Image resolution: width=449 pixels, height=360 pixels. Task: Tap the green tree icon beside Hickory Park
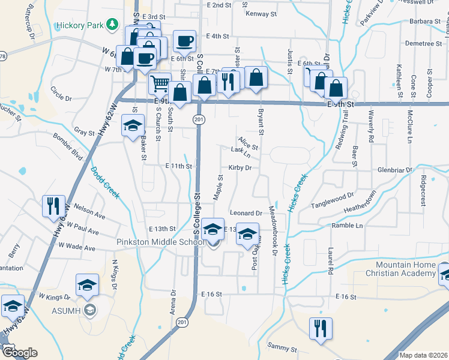point(111,25)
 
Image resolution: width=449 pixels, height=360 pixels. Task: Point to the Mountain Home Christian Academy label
point(406,269)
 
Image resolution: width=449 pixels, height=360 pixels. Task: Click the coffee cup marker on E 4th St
point(184,41)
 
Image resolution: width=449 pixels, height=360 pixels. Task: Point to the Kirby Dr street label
point(240,168)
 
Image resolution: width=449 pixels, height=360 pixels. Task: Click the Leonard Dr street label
point(246,213)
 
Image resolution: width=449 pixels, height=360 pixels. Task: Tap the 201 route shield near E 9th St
point(197,120)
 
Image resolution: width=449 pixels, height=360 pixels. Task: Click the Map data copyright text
point(423,355)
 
